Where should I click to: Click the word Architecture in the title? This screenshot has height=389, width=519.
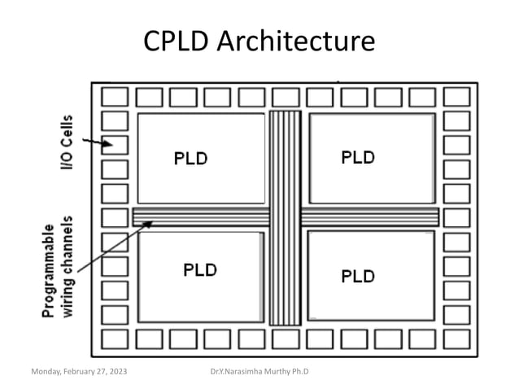[299, 41]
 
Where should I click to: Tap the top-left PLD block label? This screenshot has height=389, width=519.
[191, 159]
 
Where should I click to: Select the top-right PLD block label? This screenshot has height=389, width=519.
[357, 157]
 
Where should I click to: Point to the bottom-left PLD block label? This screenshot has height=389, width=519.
[200, 269]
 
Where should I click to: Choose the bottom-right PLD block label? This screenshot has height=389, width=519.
[357, 276]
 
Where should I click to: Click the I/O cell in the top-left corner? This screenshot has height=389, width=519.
[115, 97]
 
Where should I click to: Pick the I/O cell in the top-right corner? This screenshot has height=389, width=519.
[456, 97]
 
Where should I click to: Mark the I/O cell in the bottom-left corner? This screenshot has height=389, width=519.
[115, 338]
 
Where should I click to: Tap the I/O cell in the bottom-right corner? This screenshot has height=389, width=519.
[456, 338]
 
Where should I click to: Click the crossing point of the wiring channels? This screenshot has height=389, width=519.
[285, 217]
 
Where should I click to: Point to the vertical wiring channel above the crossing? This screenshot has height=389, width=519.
[285, 159]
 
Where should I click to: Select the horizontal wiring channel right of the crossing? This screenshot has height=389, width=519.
[370, 217]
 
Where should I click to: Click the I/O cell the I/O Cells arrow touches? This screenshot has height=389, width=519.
[115, 146]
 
